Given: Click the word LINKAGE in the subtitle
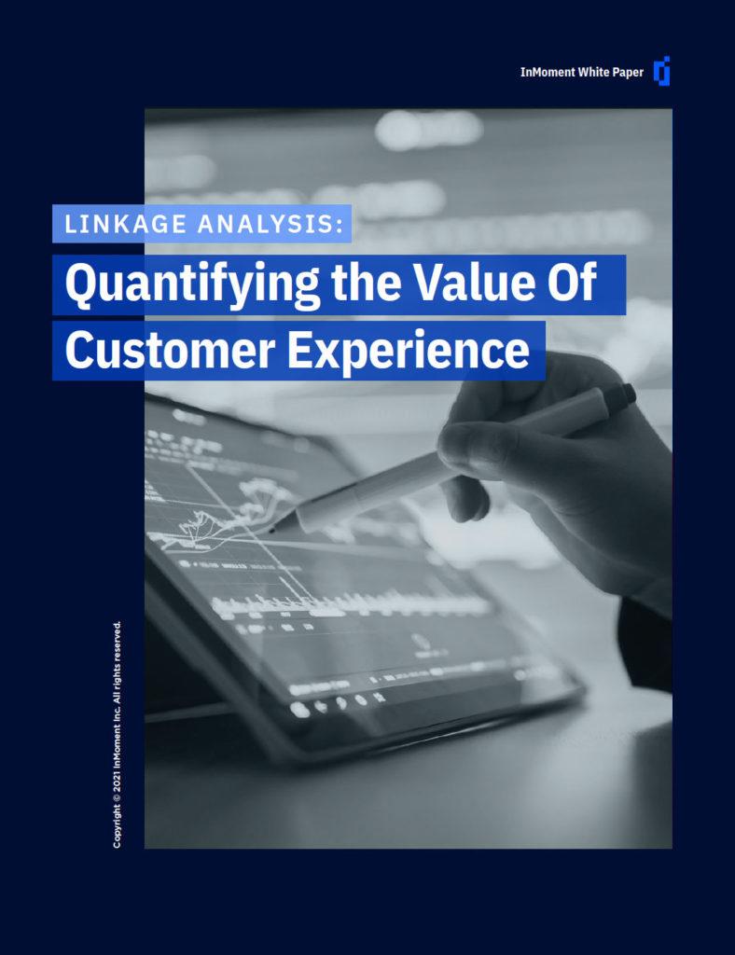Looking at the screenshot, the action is [x=125, y=224].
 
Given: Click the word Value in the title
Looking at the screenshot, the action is [x=469, y=283].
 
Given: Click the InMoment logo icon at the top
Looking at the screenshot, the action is [x=662, y=71].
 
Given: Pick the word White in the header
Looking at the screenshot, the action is [x=591, y=72].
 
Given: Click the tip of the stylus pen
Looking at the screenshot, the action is [x=271, y=530].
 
